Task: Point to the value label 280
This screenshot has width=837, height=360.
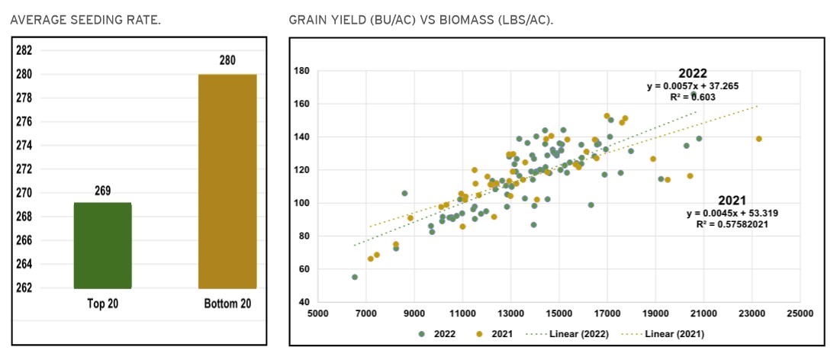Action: click(227, 61)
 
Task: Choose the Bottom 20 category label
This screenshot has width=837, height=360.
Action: click(227, 303)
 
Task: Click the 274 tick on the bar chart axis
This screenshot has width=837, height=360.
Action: click(24, 146)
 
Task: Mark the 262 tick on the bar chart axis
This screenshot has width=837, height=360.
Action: click(24, 288)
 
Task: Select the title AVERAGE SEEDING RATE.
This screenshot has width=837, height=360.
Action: click(85, 19)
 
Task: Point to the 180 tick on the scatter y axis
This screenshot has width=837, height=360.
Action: click(302, 71)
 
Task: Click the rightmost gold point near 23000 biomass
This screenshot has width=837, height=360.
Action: click(759, 139)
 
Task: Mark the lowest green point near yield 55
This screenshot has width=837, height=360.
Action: click(355, 277)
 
